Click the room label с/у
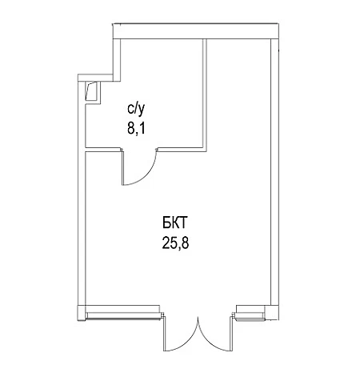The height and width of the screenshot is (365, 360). click(x=136, y=110)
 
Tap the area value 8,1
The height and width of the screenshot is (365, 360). click(x=136, y=129)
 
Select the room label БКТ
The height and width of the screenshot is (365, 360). click(x=175, y=223)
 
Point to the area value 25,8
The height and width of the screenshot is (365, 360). click(x=175, y=243)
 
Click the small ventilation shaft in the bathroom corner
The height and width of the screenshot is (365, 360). click(x=93, y=91)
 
